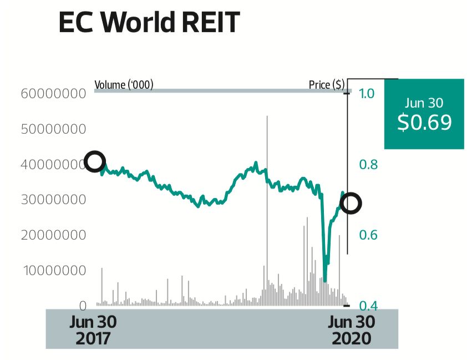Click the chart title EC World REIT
pos(149,23)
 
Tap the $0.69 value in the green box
pos(424,122)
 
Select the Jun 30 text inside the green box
pos(424,103)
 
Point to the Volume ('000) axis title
pos(124,85)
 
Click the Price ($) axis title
pos(327,85)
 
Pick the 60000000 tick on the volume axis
pos(53,93)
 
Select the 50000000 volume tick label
pos(53,129)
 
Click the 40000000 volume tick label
pos(53,164)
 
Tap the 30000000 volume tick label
pos(53,199)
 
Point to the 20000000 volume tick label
pos(53,235)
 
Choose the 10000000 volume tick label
pos(53,270)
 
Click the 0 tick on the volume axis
pos(82,306)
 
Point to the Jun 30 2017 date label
pos(94,330)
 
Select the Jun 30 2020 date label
pos(351,330)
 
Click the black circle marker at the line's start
pos(95,161)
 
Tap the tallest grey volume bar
pos(267,211)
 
